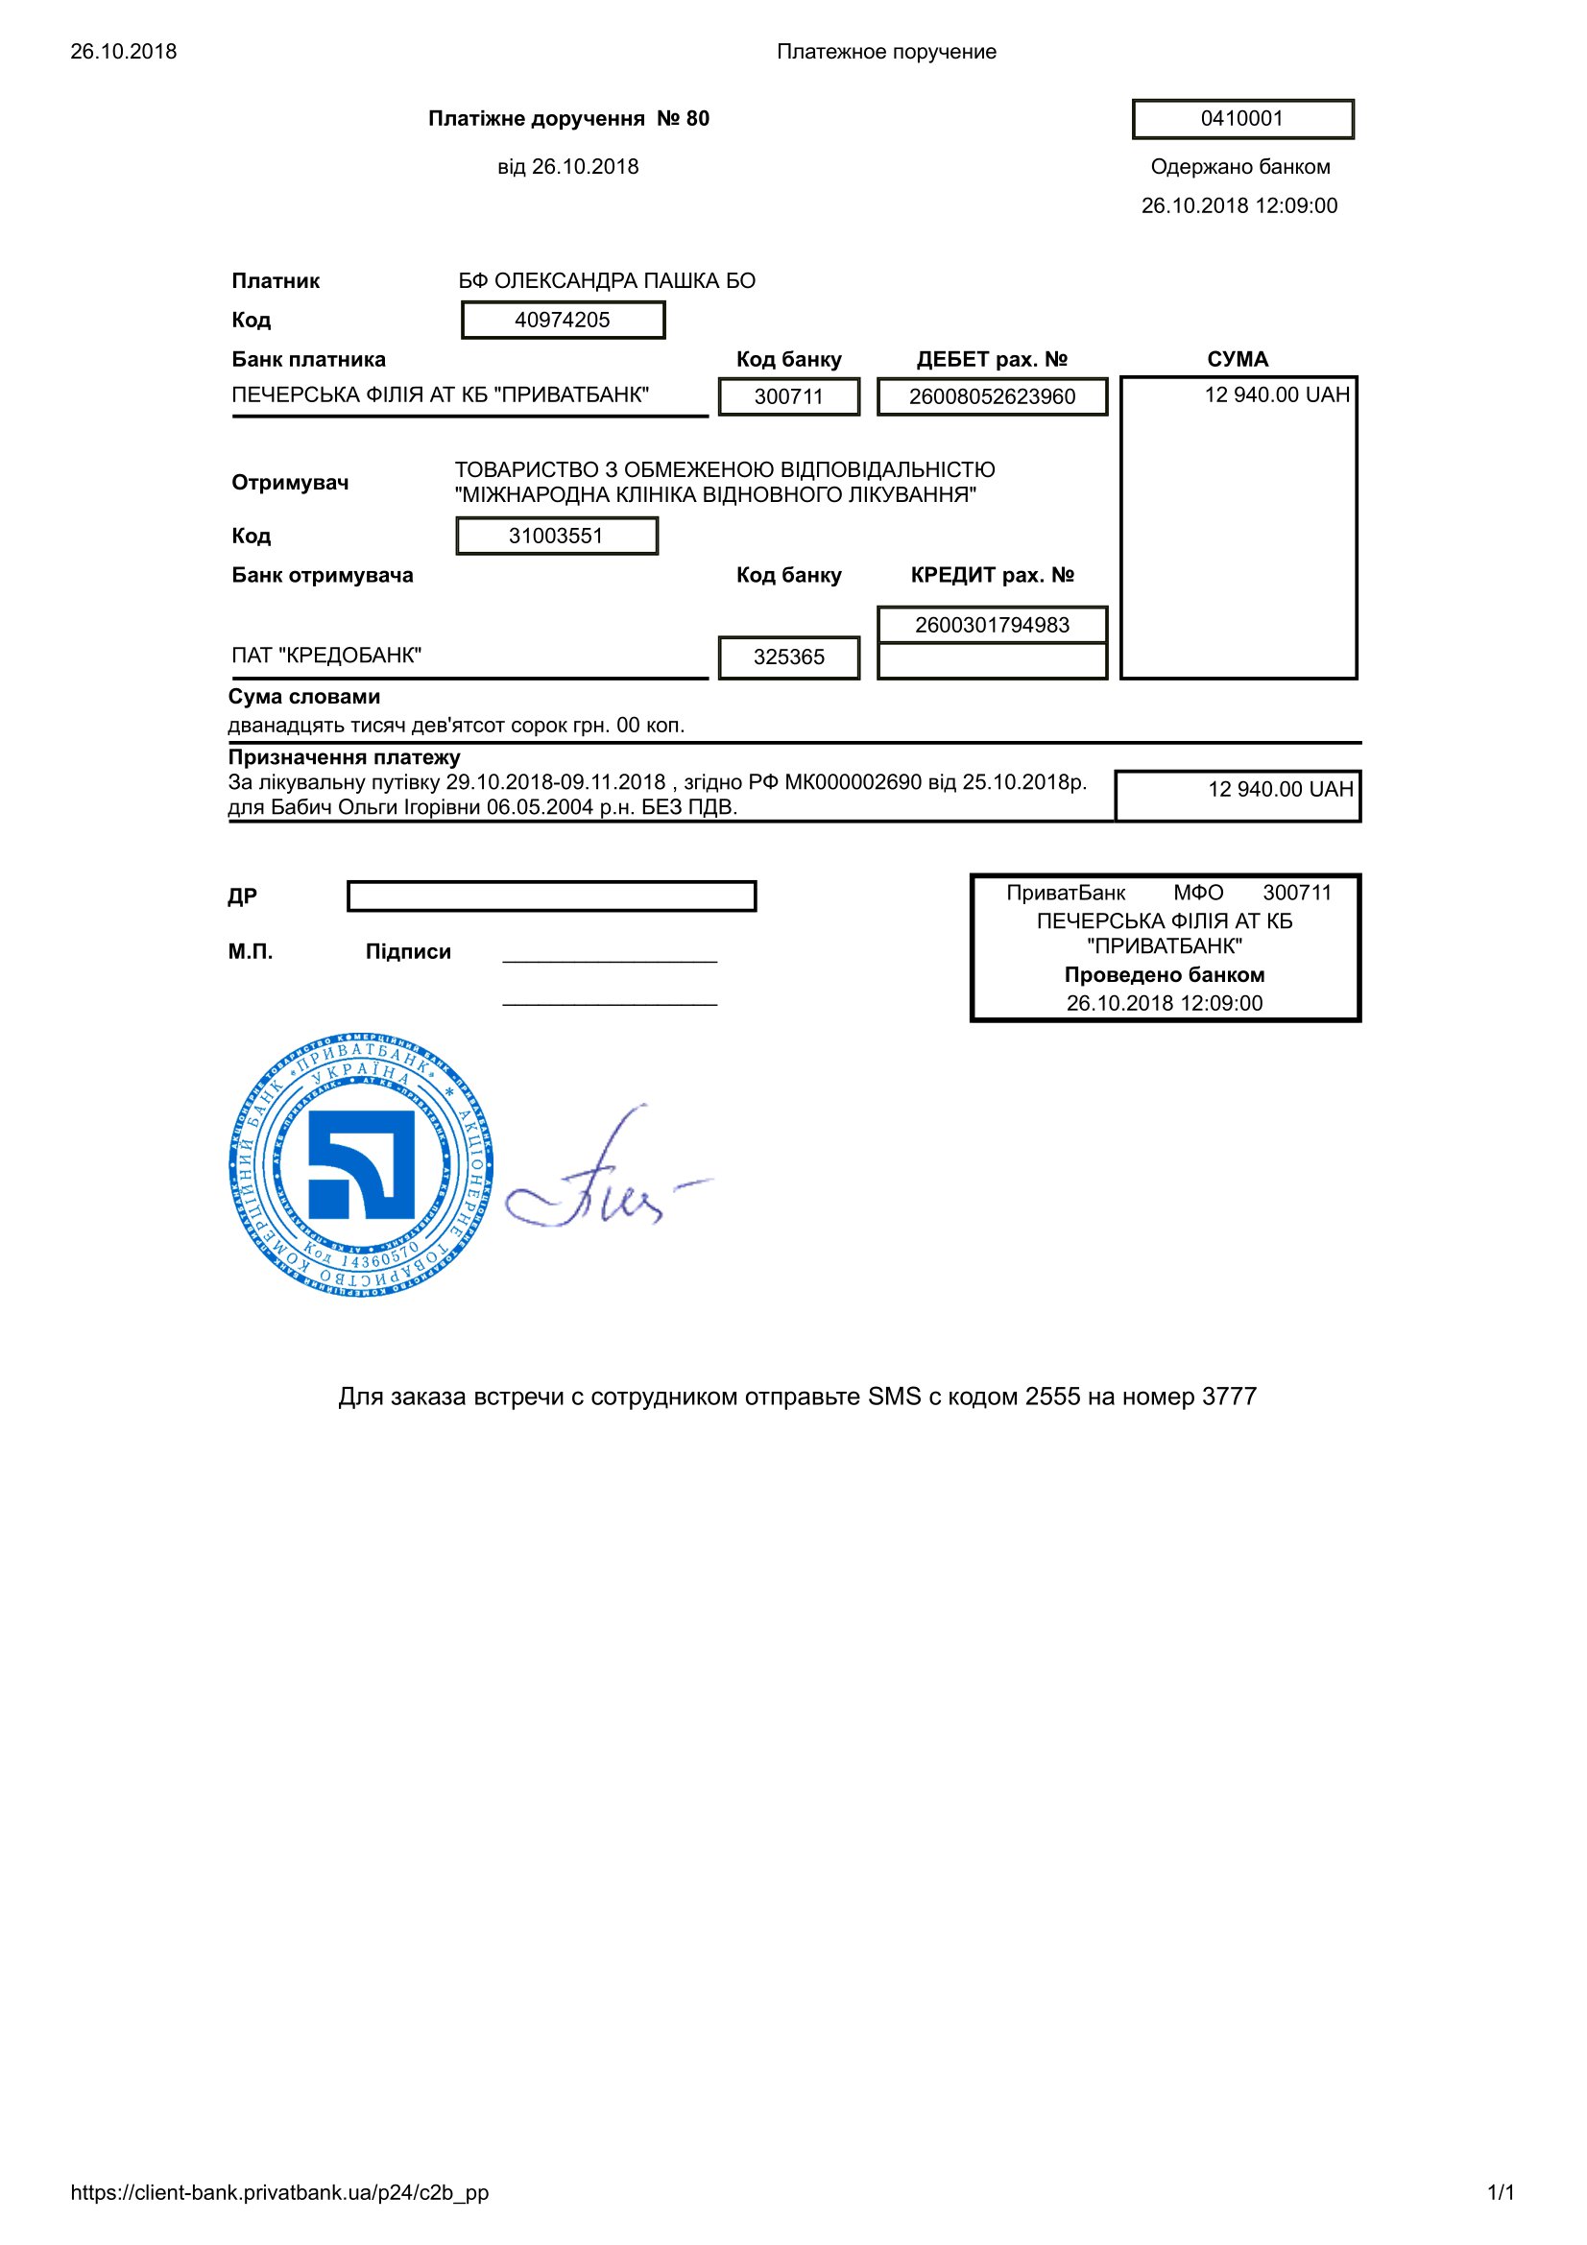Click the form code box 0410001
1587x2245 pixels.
pyautogui.click(x=1241, y=119)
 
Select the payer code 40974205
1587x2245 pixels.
pyautogui.click(x=563, y=320)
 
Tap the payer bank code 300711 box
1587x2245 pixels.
pyautogui.click(x=788, y=396)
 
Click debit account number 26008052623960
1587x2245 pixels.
pyautogui.click(x=992, y=396)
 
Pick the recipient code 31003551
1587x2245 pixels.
pyautogui.click(x=557, y=536)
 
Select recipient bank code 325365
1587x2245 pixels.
pyautogui.click(x=788, y=657)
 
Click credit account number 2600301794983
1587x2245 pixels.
pyautogui.click(x=992, y=625)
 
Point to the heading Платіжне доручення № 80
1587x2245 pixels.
pyautogui.click(x=568, y=119)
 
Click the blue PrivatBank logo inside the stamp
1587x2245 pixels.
pyautogui.click(x=361, y=1163)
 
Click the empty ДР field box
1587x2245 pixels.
pyautogui.click(x=551, y=896)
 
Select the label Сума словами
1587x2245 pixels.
pyautogui.click(x=304, y=696)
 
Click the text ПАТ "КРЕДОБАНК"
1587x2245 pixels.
pyautogui.click(x=326, y=656)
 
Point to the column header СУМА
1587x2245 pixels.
pyautogui.click(x=1237, y=359)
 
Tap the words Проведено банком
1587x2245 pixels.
pyautogui.click(x=1164, y=975)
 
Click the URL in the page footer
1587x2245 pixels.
pyautogui.click(x=279, y=2192)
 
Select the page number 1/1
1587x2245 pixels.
pyautogui.click(x=1500, y=2192)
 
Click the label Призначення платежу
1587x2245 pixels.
pyautogui.click(x=345, y=756)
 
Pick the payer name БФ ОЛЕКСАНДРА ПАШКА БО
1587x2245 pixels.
pyautogui.click(x=606, y=280)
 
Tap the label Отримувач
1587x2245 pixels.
pyautogui.click(x=289, y=482)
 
